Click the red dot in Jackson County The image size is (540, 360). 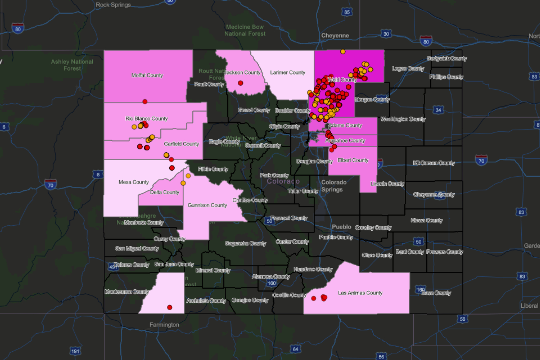coord(240,83)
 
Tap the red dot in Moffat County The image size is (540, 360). coord(145,102)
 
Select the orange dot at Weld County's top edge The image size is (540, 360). coord(343,51)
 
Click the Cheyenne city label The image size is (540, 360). coord(335,35)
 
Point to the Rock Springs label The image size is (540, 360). coord(113,5)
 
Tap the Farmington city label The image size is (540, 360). coord(164,325)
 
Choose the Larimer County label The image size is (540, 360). coord(287,73)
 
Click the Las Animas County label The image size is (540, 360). coord(360,293)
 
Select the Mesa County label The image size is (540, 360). coord(134,182)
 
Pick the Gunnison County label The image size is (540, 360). coord(207,205)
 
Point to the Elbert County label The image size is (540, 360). coord(353,160)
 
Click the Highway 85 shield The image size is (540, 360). coord(347,12)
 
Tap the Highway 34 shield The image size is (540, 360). coord(438,110)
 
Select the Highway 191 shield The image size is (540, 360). coord(75,351)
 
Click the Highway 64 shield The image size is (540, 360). coord(295,349)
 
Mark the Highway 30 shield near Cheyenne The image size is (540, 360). coord(386,34)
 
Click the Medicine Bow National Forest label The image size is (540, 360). coord(245,30)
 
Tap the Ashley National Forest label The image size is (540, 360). coord(72,65)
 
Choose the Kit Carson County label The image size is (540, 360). coord(434,163)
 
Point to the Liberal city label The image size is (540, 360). coord(529,306)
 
